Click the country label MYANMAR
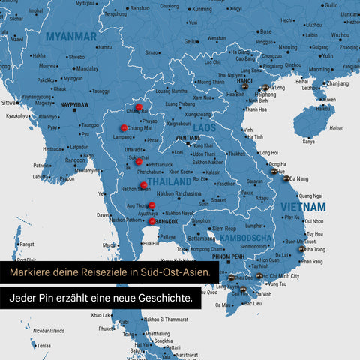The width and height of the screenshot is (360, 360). coord(70,37)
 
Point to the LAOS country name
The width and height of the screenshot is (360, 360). coord(205,128)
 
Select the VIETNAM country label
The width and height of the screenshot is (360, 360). coord(303,206)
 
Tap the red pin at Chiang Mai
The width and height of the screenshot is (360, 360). coord(124,128)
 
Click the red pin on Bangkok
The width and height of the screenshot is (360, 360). coord(152,221)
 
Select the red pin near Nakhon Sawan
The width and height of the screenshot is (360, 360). coord(142,185)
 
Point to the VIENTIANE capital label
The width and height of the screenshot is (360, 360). coord(187,139)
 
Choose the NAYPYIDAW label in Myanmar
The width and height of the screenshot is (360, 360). coord(75,104)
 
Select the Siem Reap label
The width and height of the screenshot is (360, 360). coord(225,228)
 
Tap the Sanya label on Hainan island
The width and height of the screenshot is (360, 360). coord(308,141)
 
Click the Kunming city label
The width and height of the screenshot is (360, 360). coord(202,10)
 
